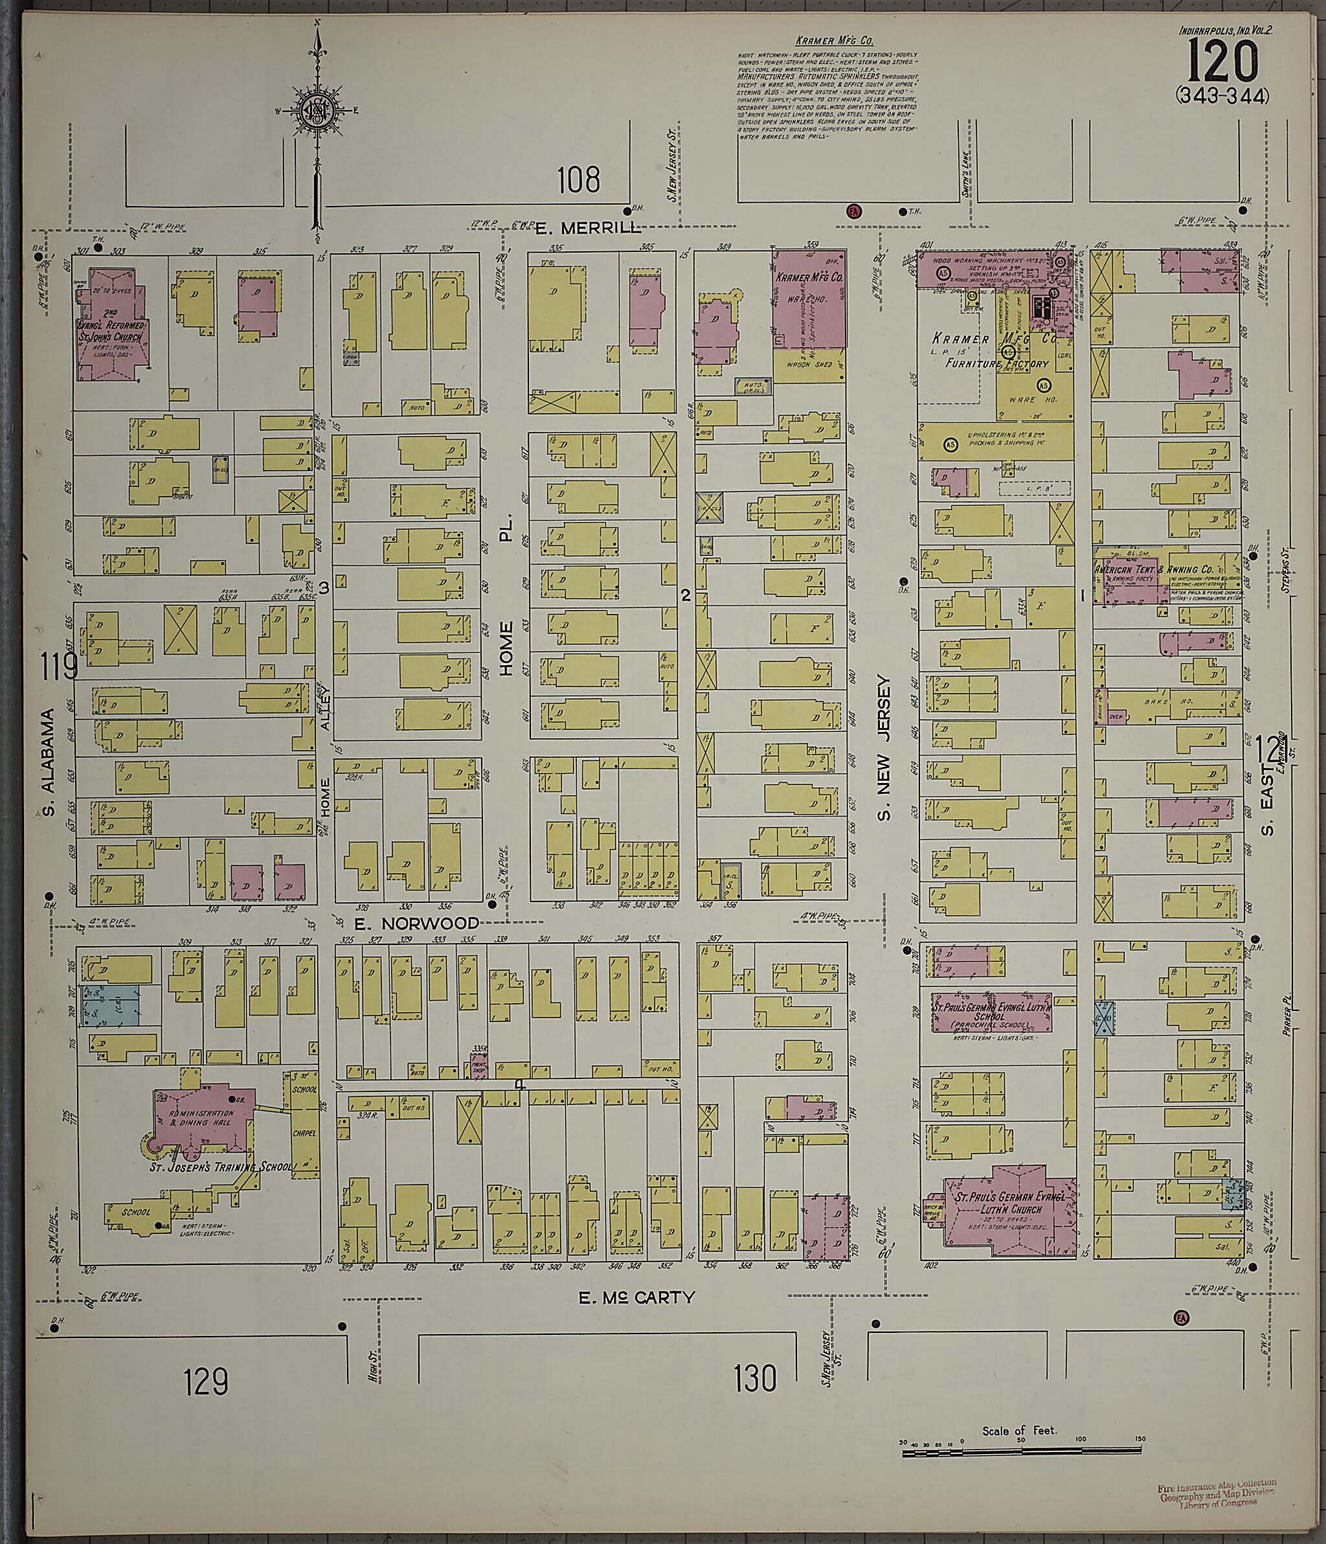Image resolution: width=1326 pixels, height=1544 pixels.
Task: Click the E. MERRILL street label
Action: [x=589, y=229]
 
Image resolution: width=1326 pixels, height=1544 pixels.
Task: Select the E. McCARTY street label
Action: [x=637, y=1297]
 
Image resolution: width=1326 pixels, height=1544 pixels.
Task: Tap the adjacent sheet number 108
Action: [x=579, y=179]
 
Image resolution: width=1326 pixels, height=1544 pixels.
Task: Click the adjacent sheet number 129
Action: [x=207, y=1381]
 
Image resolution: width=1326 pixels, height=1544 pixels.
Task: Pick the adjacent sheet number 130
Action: [x=755, y=1378]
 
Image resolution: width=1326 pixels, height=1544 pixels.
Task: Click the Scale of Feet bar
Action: [x=1020, y=1450]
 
